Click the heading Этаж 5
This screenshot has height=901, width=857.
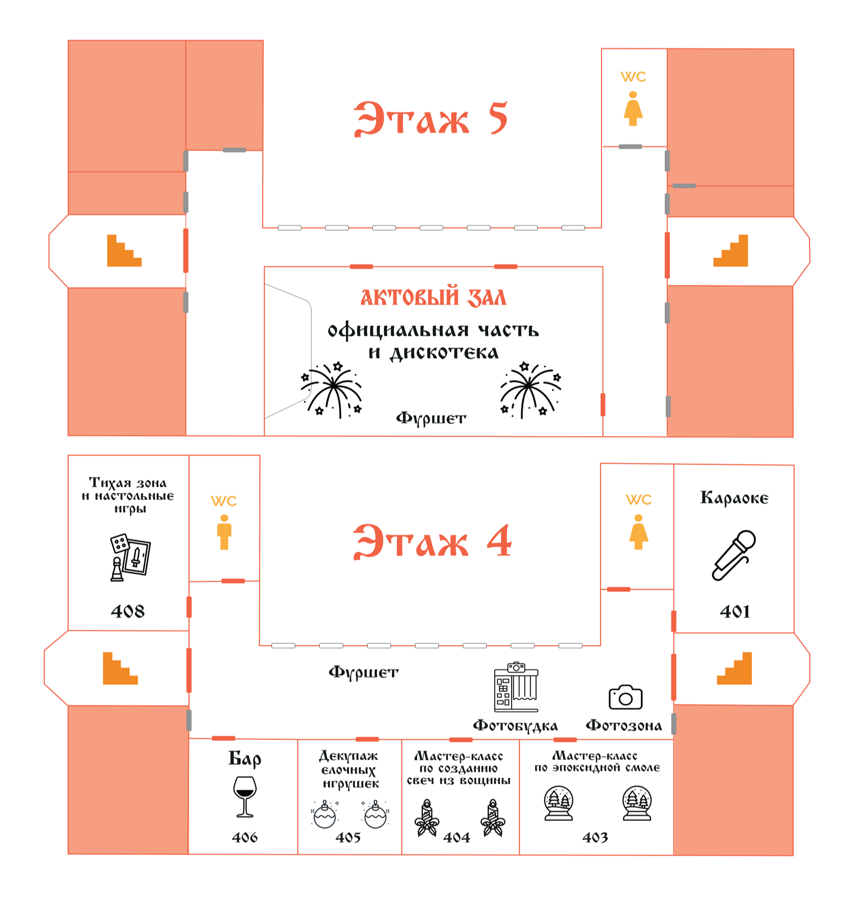[x=431, y=119]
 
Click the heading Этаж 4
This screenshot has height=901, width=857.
[x=432, y=542]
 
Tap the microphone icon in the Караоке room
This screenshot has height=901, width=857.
[x=734, y=555]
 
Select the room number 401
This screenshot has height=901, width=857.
[x=735, y=611]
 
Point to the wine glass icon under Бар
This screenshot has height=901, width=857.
[x=245, y=796]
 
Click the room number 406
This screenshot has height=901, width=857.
[x=245, y=837]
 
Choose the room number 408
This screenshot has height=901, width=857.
[x=128, y=611]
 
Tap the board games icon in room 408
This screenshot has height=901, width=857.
[x=130, y=558]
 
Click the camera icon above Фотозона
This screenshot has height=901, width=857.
[x=625, y=697]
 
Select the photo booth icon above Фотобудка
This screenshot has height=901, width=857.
[x=516, y=687]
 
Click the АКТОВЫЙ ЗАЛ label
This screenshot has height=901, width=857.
[x=434, y=297]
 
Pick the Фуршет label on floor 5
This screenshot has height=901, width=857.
[x=431, y=419]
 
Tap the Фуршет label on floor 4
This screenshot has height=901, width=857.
[x=364, y=672]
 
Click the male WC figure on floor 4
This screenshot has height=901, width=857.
[x=224, y=532]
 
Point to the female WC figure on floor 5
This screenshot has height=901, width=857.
[x=633, y=109]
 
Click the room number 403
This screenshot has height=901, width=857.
[x=595, y=837]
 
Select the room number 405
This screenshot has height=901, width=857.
[x=348, y=837]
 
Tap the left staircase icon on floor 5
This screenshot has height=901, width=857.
[x=124, y=251]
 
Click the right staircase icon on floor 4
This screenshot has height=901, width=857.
[x=735, y=668]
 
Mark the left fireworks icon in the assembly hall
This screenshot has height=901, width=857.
[x=333, y=390]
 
